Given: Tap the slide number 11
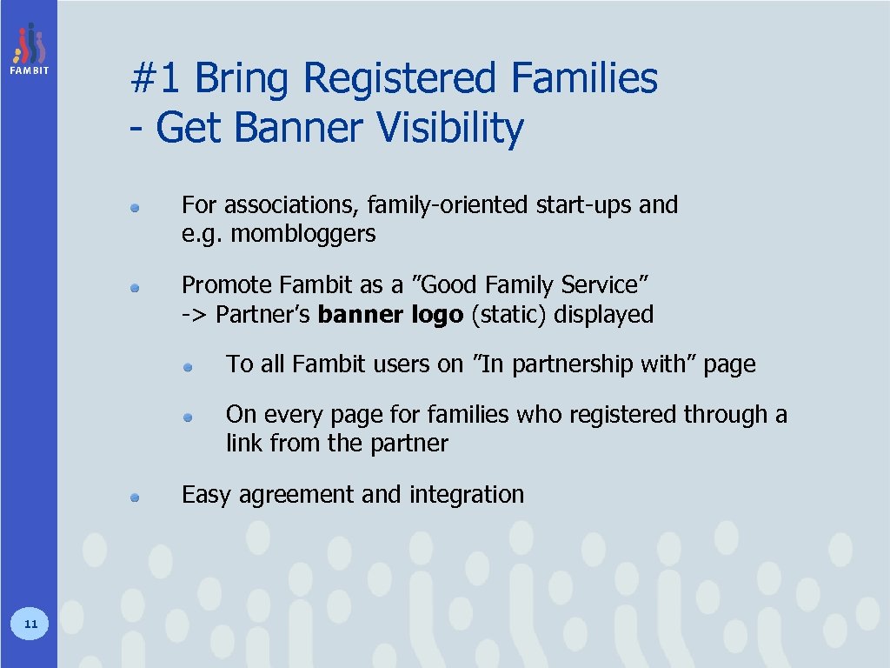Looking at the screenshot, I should (x=30, y=623).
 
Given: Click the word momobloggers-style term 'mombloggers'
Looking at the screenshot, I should (x=303, y=234).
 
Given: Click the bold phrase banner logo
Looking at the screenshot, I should (x=390, y=314).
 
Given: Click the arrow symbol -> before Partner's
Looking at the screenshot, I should (x=195, y=315).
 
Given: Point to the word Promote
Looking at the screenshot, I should (x=228, y=285).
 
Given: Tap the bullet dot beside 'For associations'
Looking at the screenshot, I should (x=136, y=208).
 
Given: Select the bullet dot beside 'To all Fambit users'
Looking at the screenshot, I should (x=188, y=367).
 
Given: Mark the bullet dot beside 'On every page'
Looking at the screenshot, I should (x=188, y=417).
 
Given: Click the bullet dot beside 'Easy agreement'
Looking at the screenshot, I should (x=136, y=498).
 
